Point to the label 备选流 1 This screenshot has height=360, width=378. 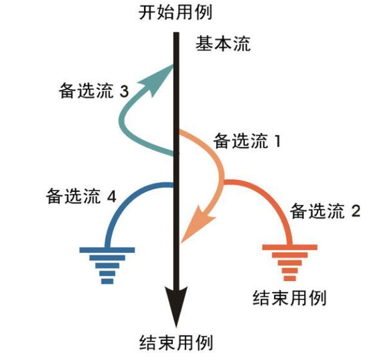[247, 141]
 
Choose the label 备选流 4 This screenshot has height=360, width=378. [81, 196]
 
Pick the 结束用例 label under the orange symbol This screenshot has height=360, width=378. [290, 296]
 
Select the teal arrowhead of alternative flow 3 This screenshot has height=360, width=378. [165, 75]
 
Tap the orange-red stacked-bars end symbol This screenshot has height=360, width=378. [289, 263]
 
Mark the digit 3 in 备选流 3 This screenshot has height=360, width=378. [124, 92]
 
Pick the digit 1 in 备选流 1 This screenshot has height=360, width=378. [277, 141]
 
